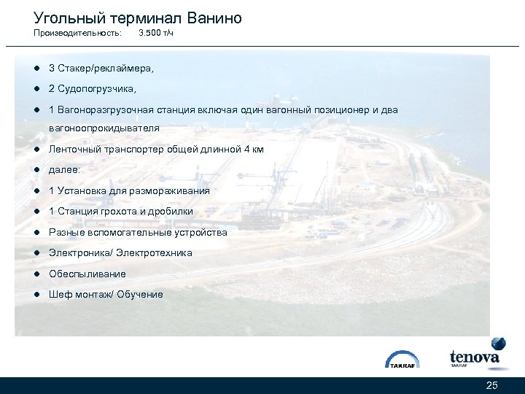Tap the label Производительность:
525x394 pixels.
coord(77,34)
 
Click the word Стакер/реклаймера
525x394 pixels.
coord(106,68)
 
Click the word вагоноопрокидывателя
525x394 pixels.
coord(104,128)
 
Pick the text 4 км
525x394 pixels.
coord(253,149)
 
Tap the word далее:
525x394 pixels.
coord(64,169)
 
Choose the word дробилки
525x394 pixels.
coord(173,211)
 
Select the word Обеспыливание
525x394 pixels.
coord(87,274)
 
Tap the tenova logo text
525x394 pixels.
coord(474,357)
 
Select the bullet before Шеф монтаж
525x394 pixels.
coord(35,294)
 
